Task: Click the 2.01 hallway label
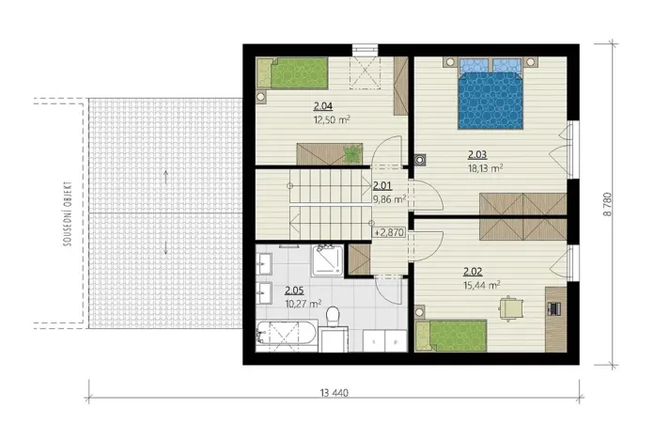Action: (x=382, y=185)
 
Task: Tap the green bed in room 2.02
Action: (x=452, y=335)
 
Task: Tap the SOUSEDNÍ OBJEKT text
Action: (x=68, y=212)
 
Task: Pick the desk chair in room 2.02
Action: (x=511, y=306)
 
